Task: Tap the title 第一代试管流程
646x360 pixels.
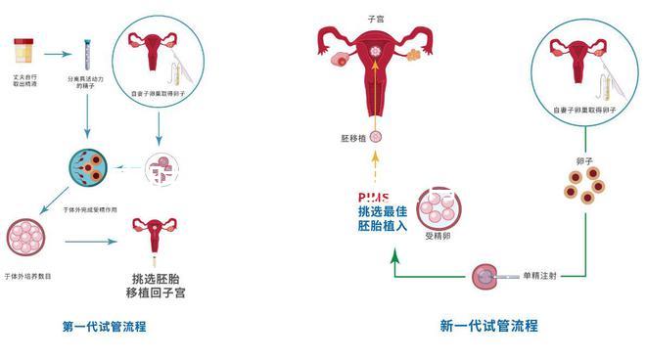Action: (x=105, y=327)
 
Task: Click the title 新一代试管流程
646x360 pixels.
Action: (x=488, y=327)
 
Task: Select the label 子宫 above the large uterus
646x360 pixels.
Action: (x=375, y=19)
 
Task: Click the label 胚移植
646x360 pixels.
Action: (x=353, y=140)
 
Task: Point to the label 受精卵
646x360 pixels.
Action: (x=438, y=237)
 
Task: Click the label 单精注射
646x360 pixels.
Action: (x=539, y=277)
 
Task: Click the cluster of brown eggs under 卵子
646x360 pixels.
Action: (x=584, y=186)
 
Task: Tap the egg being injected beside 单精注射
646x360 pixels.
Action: (x=483, y=277)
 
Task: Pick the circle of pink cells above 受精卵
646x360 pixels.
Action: (x=438, y=207)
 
